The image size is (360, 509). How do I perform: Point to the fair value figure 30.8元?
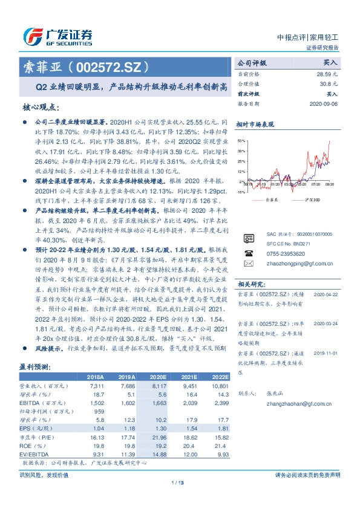[329, 83]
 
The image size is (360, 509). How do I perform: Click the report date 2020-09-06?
[324, 103]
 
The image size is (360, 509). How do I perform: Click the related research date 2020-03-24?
[327, 323]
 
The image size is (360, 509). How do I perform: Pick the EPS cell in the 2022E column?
[220, 428]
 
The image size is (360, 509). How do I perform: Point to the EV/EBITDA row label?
[33, 453]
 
